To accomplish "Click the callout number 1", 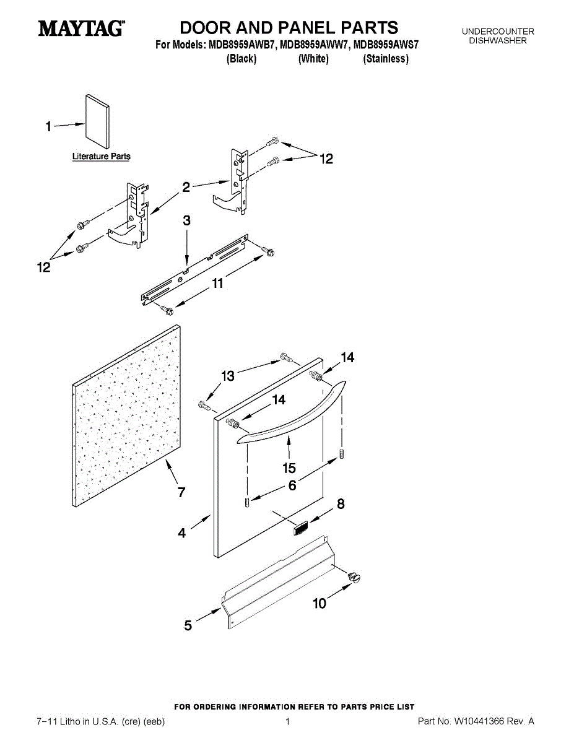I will [x=48, y=127].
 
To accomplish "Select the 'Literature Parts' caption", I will [x=102, y=157].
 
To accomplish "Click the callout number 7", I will [x=181, y=493].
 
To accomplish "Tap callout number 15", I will [x=289, y=468].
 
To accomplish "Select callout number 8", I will [x=341, y=505].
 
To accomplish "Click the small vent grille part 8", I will [x=300, y=528].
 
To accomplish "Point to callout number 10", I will [x=320, y=603].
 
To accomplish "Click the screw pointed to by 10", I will [x=355, y=577].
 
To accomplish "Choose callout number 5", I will [x=188, y=625].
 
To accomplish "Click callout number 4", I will [x=182, y=532].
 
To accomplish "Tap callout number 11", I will [x=217, y=284].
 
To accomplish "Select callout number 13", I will [x=228, y=375].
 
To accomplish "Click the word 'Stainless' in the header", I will [x=386, y=59].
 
